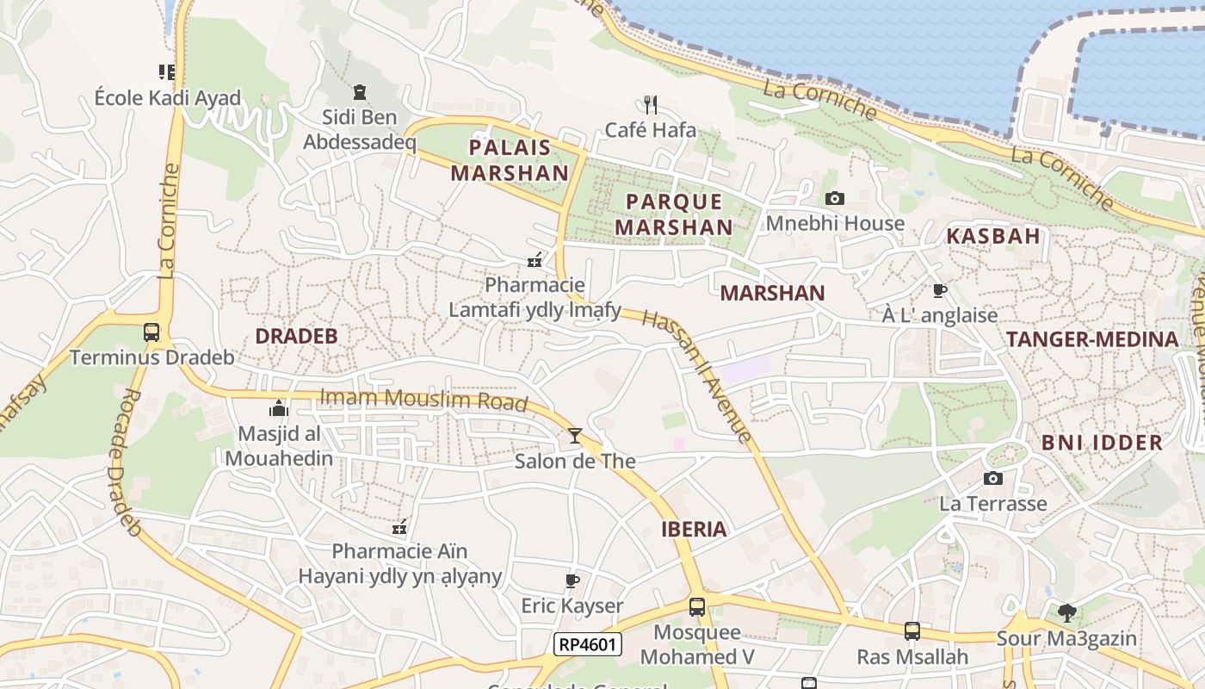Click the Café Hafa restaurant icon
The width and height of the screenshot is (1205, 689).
pyautogui.click(x=651, y=105)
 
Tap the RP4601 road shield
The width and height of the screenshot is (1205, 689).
pyautogui.click(x=589, y=644)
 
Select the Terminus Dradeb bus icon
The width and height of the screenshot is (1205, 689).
pyautogui.click(x=151, y=332)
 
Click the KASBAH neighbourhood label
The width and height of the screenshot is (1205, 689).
pyautogui.click(x=993, y=236)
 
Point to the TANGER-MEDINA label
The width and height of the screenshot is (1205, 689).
pyautogui.click(x=1092, y=339)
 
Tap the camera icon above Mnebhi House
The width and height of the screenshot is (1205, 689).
pyautogui.click(x=834, y=199)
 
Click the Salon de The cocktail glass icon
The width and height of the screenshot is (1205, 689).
pyautogui.click(x=574, y=436)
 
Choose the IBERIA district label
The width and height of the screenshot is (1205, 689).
pyautogui.click(x=694, y=529)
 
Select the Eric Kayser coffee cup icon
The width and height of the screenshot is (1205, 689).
pyautogui.click(x=572, y=581)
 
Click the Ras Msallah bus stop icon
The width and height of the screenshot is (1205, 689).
pyautogui.click(x=912, y=631)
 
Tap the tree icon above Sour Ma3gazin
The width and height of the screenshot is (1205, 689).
pyautogui.click(x=1066, y=613)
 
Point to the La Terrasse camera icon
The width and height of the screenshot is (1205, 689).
pyautogui.click(x=993, y=479)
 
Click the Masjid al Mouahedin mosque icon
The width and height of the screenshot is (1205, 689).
pyautogui.click(x=278, y=408)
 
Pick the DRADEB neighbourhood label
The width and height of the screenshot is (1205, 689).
pyautogui.click(x=296, y=336)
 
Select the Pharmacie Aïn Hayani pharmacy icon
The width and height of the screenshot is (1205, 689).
pyautogui.click(x=399, y=526)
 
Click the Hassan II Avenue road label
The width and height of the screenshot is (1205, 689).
pyautogui.click(x=698, y=376)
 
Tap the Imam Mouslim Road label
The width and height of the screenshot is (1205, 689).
pyautogui.click(x=423, y=400)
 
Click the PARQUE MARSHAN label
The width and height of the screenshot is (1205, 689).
pyautogui.click(x=679, y=214)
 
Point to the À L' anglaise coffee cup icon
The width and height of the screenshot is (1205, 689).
pyautogui.click(x=939, y=291)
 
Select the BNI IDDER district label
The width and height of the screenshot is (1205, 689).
pyautogui.click(x=1102, y=443)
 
